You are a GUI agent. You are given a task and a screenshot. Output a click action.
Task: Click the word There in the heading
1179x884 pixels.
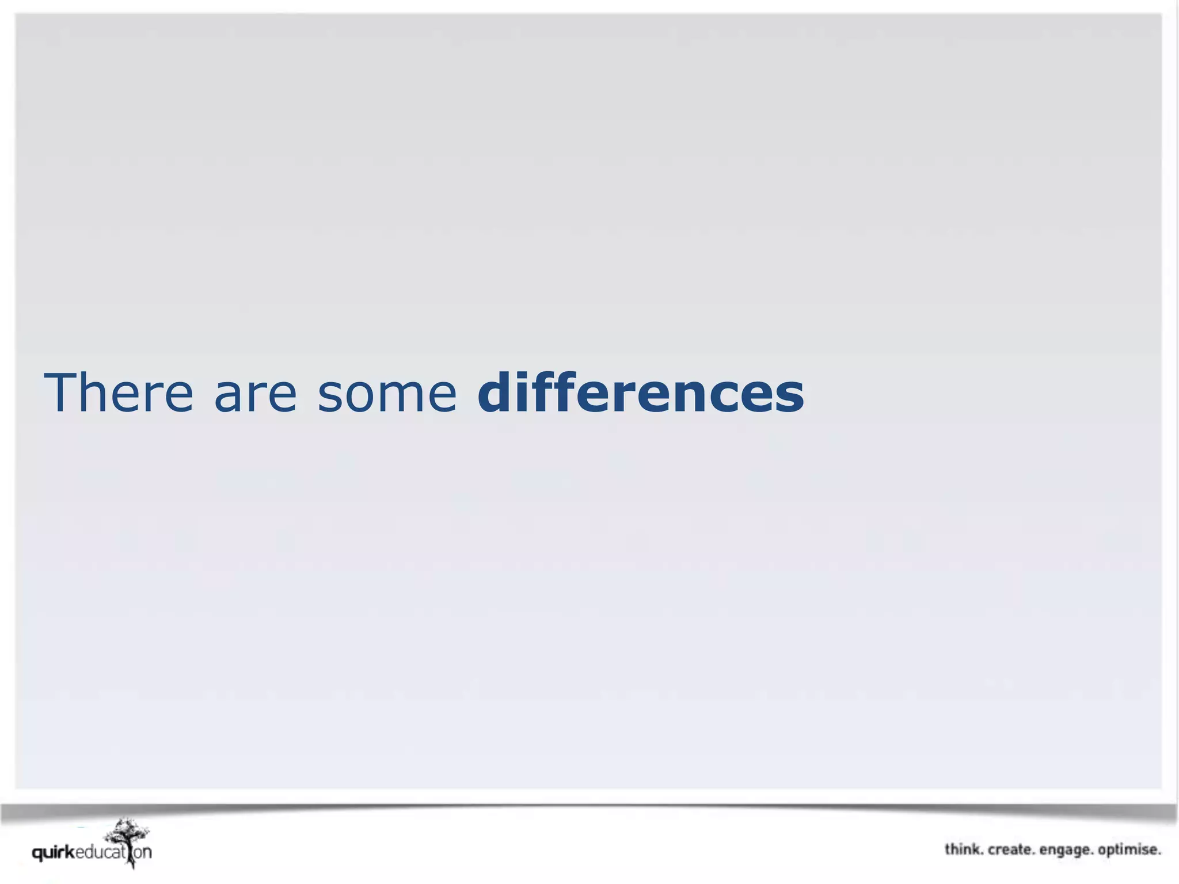(x=119, y=393)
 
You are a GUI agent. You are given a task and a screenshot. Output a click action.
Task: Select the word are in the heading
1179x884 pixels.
(x=256, y=394)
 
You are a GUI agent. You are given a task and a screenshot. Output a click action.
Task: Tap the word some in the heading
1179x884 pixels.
(x=387, y=394)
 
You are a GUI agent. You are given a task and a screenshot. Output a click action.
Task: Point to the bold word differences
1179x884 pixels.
(x=640, y=393)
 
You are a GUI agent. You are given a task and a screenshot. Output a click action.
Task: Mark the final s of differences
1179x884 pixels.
(x=789, y=397)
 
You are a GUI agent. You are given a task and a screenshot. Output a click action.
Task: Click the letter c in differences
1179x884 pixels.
(x=724, y=397)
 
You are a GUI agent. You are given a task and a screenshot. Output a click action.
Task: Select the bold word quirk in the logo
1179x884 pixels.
(x=54, y=852)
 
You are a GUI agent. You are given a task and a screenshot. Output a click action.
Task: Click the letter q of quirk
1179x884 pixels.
(x=38, y=853)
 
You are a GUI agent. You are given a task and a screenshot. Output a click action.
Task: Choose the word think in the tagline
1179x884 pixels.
(x=963, y=849)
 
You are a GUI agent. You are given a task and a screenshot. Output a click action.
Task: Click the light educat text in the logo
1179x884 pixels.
(x=100, y=852)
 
